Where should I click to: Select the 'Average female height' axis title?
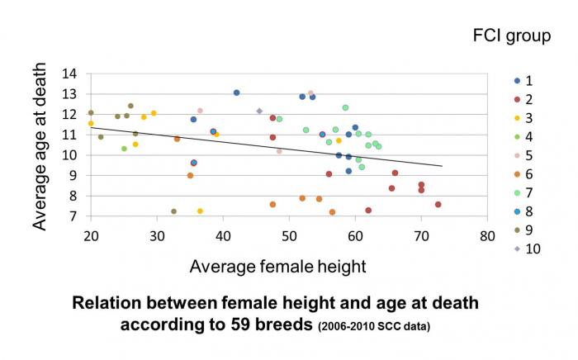[x=277, y=266]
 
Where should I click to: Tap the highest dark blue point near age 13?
[x=236, y=92]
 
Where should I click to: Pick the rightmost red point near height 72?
[x=438, y=204]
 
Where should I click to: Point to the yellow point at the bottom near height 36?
[x=200, y=211]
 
